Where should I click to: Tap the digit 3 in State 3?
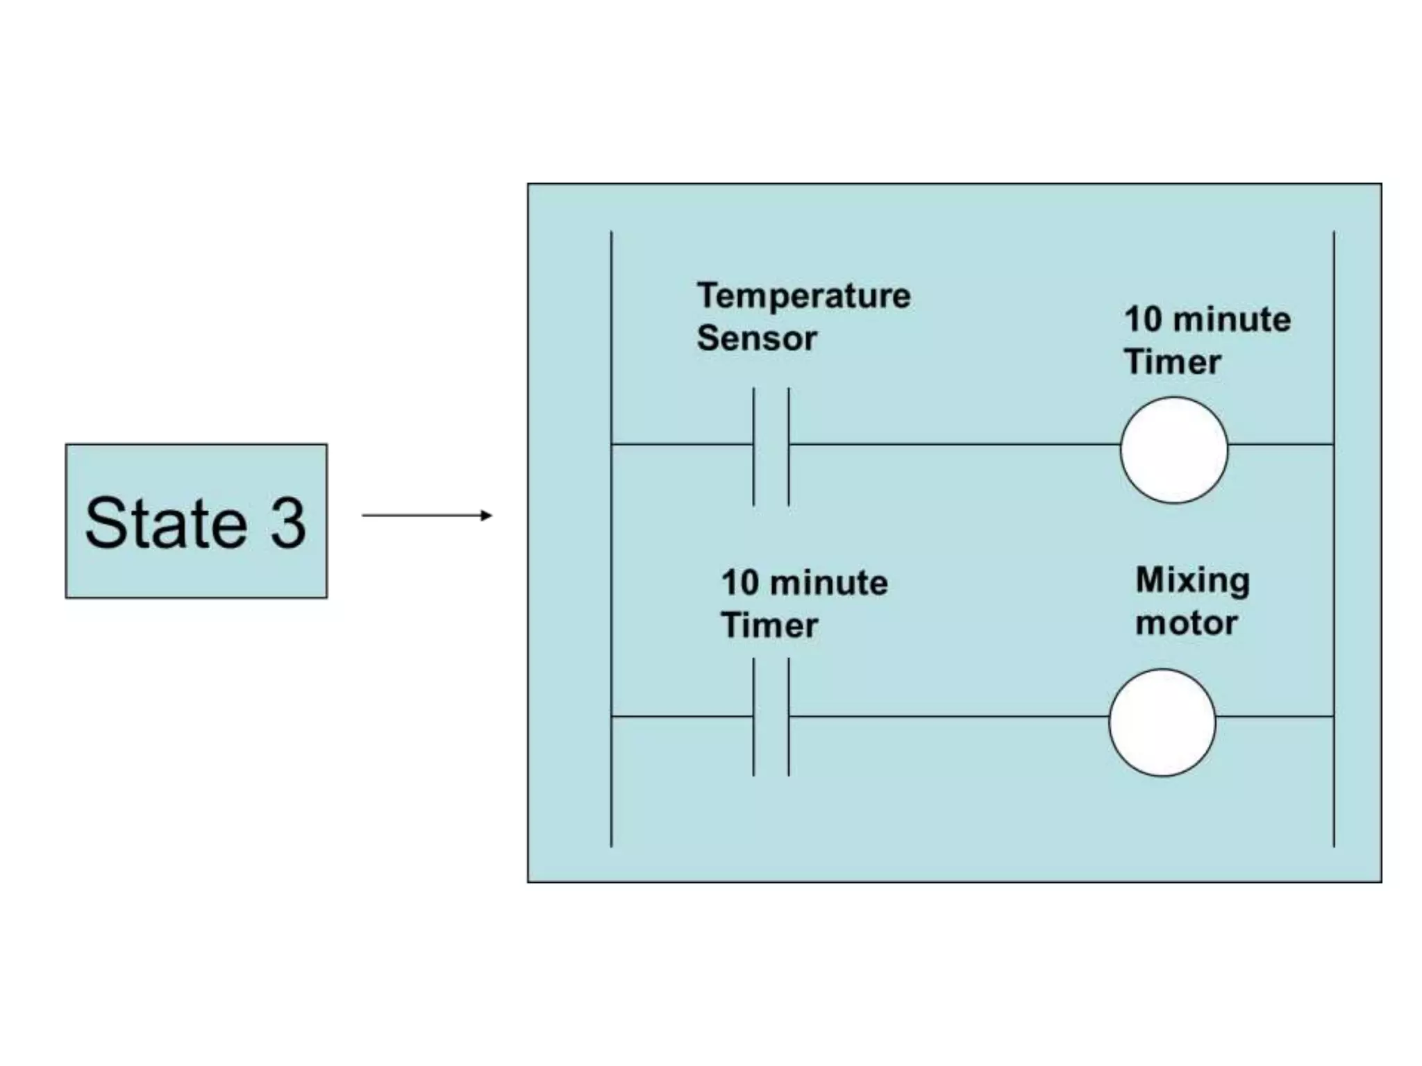(287, 523)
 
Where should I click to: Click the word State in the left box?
(166, 523)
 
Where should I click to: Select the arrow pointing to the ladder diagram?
(427, 515)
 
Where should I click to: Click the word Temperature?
(803, 296)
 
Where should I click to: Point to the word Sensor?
(757, 339)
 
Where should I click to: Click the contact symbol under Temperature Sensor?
(771, 444)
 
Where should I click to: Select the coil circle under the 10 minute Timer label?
(1173, 450)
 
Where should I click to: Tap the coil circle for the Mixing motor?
(1162, 722)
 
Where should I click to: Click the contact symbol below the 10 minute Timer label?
(771, 716)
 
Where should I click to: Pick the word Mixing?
(1192, 580)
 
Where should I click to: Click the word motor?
(1186, 623)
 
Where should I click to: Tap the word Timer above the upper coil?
(1172, 362)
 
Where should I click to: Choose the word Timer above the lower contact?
(769, 625)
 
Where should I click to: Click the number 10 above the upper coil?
(1143, 320)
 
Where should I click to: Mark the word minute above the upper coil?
(1232, 320)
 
